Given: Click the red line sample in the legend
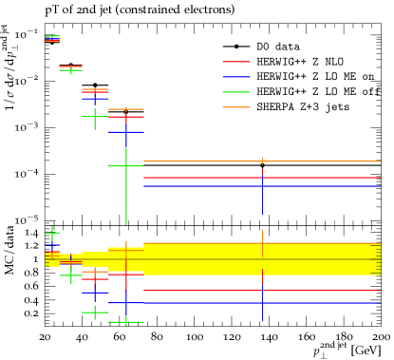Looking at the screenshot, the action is (235, 62).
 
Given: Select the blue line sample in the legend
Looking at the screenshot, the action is (235, 77).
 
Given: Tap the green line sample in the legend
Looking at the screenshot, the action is (235, 92).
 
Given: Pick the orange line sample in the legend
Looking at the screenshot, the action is (235, 107).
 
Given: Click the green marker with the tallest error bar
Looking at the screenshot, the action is (125, 166).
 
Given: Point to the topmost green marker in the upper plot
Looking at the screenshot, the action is (52, 36).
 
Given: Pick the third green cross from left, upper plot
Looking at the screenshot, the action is (95, 117).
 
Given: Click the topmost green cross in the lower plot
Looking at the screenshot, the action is (52, 232).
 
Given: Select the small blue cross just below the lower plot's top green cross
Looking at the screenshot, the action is (52, 245).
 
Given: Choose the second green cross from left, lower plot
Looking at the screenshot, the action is (71, 275).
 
